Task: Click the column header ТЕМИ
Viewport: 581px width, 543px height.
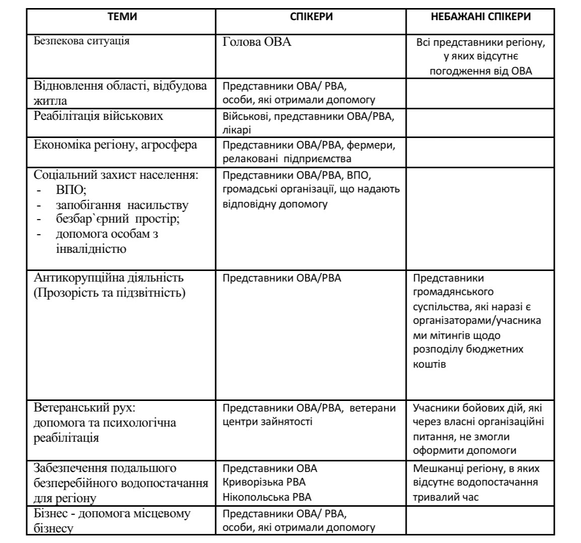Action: click(122, 17)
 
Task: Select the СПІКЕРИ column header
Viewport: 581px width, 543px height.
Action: click(311, 17)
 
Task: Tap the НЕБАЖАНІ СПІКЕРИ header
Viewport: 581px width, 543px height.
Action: click(480, 17)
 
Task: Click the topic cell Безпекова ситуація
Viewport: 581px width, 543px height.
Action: click(82, 41)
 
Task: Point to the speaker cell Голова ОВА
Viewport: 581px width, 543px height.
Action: click(257, 42)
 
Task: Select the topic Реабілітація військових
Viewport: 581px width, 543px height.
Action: click(98, 116)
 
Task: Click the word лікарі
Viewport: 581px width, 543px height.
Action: click(237, 130)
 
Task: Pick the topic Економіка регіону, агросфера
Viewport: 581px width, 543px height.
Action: click(115, 145)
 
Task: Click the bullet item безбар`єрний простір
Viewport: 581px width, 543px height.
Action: click(118, 220)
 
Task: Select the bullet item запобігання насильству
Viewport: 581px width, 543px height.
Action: click(122, 205)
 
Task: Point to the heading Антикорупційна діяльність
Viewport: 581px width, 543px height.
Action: click(108, 278)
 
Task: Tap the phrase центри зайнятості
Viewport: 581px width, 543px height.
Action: click(267, 422)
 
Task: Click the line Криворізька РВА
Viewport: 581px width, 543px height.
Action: click(264, 482)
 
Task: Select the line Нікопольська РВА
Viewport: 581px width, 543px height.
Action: click(267, 497)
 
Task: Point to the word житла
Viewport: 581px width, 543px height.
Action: click(50, 101)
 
